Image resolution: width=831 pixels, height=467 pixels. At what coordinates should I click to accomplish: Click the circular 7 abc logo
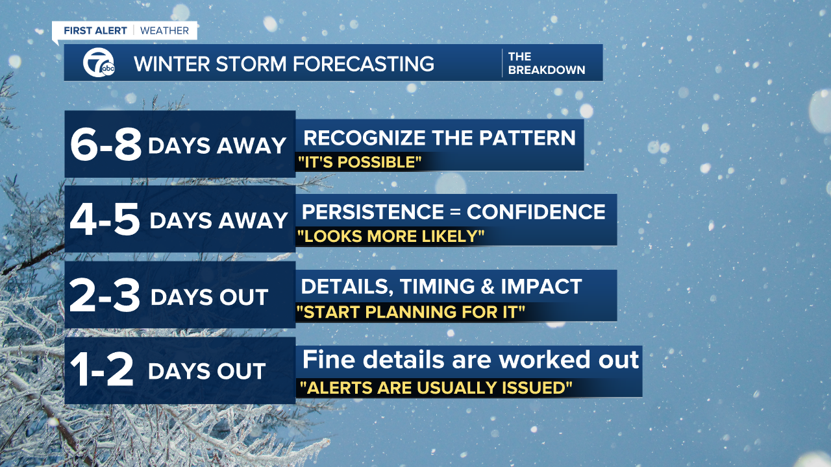pos(98,63)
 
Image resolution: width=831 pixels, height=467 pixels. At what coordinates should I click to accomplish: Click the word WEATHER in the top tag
pos(164,30)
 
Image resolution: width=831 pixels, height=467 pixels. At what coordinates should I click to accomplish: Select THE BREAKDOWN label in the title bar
pos(546,63)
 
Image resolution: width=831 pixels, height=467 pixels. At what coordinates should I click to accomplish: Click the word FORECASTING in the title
pos(364,64)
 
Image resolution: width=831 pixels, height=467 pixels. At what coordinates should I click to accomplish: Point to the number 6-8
pos(106,145)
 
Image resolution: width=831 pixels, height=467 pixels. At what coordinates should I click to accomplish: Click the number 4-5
pos(106,220)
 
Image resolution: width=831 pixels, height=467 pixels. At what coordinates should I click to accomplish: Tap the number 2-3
pos(105,296)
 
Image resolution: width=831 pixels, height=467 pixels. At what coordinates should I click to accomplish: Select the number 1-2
pos(102,371)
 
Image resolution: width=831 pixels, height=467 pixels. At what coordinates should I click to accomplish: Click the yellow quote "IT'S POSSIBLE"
pos(358,162)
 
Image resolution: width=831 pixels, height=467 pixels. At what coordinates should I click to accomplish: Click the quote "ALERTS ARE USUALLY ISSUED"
pos(436,388)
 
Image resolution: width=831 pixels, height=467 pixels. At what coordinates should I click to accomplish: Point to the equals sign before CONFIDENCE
pos(456,212)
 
